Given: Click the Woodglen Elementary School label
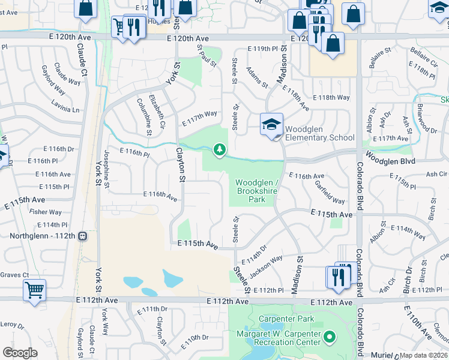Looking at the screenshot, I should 319,133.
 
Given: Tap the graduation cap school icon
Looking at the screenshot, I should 271,125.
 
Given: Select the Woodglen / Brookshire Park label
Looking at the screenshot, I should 257,191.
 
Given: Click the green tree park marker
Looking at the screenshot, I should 220,149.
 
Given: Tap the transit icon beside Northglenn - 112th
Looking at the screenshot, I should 83,236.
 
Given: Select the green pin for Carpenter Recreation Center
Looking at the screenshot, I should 329,337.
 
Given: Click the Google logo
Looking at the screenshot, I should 20,352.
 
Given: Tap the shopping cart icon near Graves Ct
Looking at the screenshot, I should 34,290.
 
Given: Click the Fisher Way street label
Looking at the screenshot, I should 46,212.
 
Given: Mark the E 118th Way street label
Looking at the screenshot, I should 331,97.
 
